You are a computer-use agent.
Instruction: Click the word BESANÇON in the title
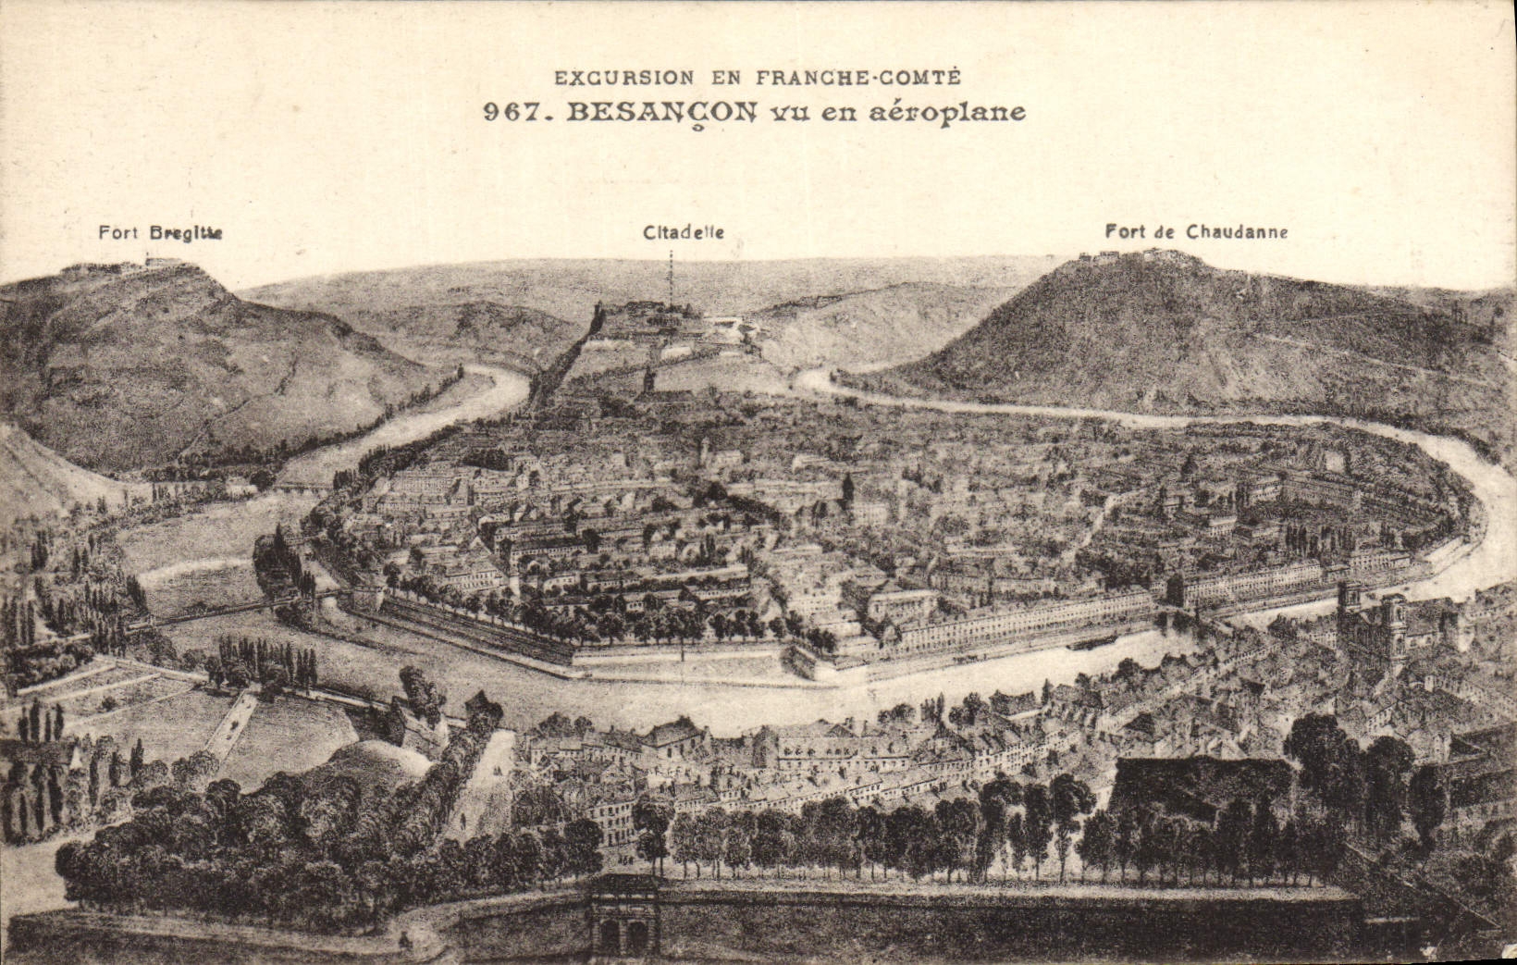[x=660, y=112]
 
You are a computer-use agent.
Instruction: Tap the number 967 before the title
[x=512, y=113]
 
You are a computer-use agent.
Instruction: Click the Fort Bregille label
[x=160, y=232]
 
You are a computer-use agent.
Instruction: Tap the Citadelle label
[x=684, y=232]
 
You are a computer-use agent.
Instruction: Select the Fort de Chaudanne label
[x=1196, y=231]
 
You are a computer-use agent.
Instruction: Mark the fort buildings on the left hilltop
[x=120, y=266]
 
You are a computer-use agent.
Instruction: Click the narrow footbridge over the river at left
[x=213, y=611]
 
